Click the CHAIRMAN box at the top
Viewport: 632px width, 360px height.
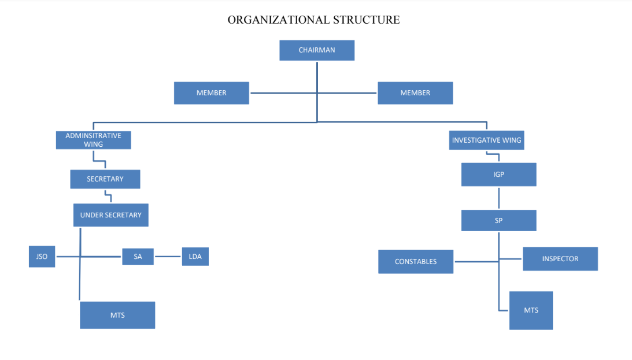317,50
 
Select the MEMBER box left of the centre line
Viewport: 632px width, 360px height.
212,93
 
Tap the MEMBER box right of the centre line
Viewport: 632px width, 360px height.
415,93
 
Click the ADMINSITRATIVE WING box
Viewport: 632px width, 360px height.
93,140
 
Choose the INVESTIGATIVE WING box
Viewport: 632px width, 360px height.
486,140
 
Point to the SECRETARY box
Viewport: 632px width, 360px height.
105,179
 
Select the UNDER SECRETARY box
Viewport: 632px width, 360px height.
111,215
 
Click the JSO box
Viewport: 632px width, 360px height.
42,257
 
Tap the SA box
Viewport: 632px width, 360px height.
138,257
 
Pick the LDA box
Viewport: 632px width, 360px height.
195,257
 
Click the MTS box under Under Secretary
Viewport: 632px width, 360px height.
117,315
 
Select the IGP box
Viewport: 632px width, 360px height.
498,175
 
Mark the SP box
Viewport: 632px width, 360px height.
498,220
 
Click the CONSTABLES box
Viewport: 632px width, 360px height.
416,262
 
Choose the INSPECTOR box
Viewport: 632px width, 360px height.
560,259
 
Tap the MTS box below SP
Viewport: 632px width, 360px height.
531,310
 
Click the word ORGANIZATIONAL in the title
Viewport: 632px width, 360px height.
279,20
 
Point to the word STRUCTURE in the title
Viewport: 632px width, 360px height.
366,20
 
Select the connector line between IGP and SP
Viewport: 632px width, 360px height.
498,198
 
